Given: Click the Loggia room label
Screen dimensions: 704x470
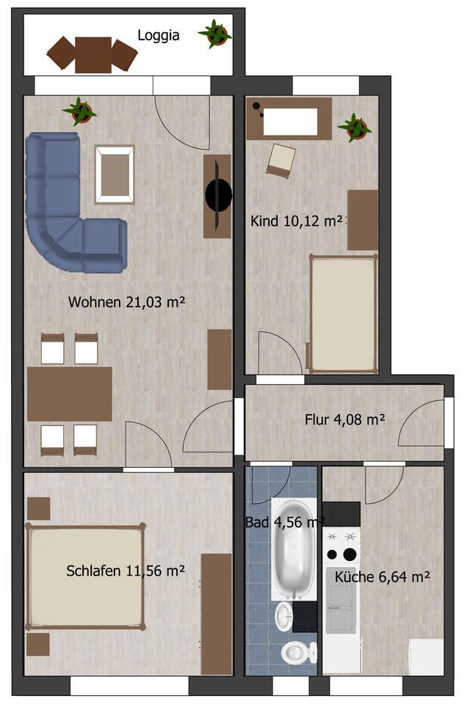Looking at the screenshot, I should click(158, 34).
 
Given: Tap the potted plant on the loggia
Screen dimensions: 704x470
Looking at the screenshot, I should click(215, 33).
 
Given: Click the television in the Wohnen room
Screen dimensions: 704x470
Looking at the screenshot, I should click(218, 195).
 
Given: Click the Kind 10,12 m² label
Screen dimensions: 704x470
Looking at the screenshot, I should click(297, 221).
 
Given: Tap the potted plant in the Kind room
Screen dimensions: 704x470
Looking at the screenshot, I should click(355, 128).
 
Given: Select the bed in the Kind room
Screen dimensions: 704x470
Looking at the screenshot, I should click(343, 313).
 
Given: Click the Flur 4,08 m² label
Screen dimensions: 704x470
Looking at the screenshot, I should click(345, 420).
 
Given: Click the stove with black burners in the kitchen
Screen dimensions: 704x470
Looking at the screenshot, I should click(341, 546).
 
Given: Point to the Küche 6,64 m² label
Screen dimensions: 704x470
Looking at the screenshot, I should click(382, 577).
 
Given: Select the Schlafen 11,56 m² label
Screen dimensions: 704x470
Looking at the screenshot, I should click(125, 571).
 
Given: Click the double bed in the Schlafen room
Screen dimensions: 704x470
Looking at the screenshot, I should click(84, 576).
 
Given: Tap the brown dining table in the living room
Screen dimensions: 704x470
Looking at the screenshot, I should click(70, 394).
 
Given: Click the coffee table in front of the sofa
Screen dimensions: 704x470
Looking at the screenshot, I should click(115, 174).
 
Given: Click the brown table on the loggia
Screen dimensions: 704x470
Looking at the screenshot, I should click(93, 54).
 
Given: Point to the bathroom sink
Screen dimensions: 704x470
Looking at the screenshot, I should click(284, 616).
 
